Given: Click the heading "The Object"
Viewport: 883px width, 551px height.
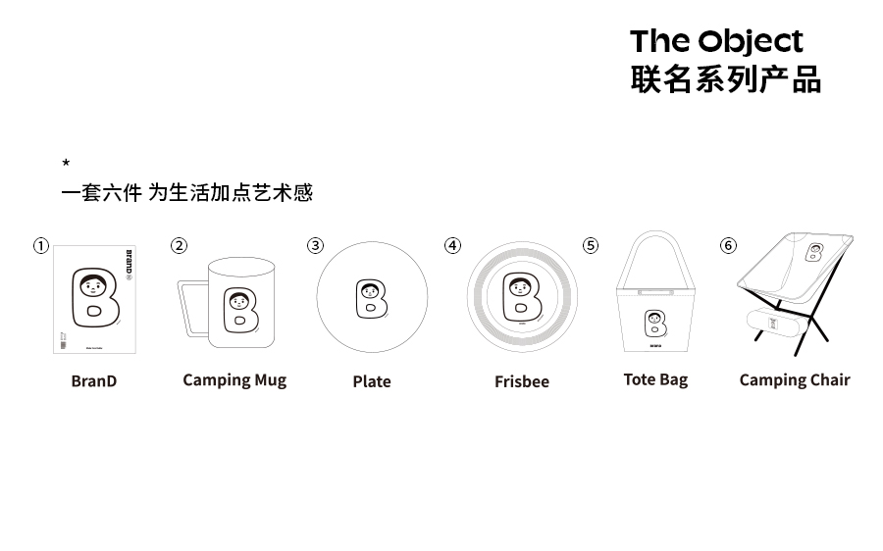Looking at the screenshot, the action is pos(716,41).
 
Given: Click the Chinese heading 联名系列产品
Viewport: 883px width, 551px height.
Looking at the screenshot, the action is pos(725,79).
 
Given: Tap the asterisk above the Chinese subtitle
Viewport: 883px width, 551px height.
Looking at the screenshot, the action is pos(66,163).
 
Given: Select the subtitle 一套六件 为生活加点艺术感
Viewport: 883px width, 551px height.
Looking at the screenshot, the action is pos(186,192).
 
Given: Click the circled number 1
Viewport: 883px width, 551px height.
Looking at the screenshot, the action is pos(40,246).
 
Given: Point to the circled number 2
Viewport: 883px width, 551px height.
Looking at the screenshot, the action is pos(179,245).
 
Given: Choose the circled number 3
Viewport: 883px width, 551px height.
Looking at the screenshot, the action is pos(315,245).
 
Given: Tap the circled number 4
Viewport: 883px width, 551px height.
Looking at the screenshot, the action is pos(452,245).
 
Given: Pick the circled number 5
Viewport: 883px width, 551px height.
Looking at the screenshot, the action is pos(591,245).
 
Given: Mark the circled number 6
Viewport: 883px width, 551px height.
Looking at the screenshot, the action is pos(728,245).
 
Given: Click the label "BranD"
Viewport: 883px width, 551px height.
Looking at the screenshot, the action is pos(93,381).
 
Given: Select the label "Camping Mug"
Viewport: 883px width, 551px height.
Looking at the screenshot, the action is pos(234,380).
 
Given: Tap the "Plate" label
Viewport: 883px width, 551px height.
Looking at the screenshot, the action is pos(372,381).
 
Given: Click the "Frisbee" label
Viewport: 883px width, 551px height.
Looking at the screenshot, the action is pos(522,381).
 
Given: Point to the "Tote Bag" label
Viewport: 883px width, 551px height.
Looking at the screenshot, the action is pos(655,379).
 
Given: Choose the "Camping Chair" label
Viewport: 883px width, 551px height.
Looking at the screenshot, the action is pos(795,380).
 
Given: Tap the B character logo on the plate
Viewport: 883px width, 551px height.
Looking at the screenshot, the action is pos(371,299).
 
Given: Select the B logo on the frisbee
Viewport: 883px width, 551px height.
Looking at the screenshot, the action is pos(522,297).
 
